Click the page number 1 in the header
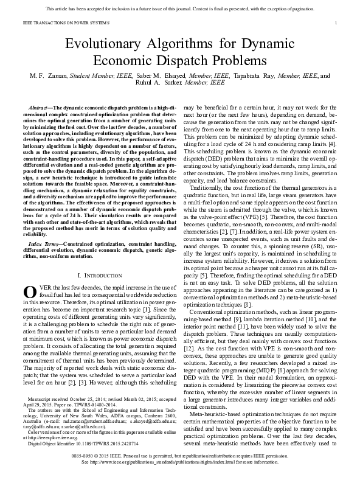tap(336, 23)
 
